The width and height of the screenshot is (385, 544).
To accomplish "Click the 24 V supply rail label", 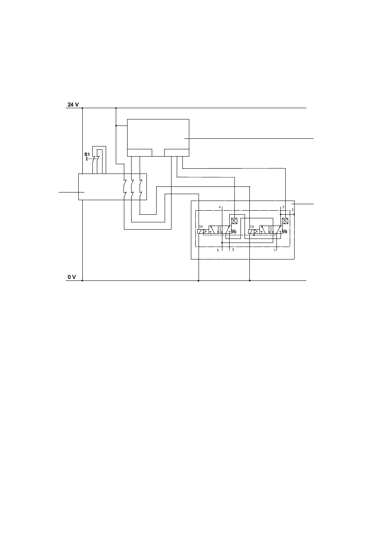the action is [x=73, y=105].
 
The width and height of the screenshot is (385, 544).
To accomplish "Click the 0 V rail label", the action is [x=72, y=277].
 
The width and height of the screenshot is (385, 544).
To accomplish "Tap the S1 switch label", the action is [x=87, y=154].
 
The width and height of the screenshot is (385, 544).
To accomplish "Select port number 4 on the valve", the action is [x=220, y=207].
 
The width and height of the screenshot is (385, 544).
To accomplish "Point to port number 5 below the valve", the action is [x=218, y=250].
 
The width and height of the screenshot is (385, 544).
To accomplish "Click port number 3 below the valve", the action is [x=233, y=250].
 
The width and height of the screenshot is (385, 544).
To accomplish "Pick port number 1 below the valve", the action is [x=275, y=250].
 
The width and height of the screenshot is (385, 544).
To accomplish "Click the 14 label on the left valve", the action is [x=201, y=226].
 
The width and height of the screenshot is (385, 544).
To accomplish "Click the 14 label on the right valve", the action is [x=252, y=226].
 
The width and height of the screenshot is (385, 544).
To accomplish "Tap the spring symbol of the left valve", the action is [x=234, y=232].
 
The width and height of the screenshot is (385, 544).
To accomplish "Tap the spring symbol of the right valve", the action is [x=285, y=232].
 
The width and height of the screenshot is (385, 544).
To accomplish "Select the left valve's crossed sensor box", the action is [x=234, y=221].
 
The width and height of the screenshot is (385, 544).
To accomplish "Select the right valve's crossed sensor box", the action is [x=285, y=221].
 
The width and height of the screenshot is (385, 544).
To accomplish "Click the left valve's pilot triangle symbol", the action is [x=205, y=232].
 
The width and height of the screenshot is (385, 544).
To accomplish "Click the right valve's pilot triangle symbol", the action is [x=256, y=232].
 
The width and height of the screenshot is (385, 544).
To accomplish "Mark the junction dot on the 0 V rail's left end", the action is [x=82, y=280].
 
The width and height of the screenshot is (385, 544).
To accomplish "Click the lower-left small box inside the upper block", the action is [x=140, y=153].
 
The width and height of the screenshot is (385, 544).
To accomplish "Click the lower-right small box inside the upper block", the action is [x=177, y=153].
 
